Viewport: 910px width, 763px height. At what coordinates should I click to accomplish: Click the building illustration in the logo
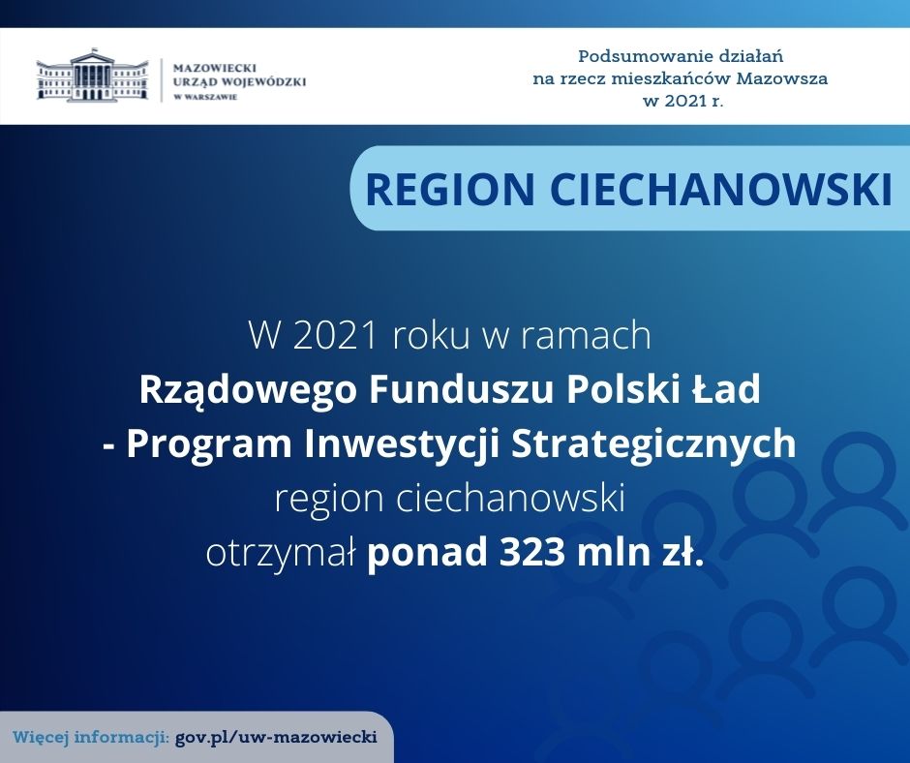(92, 76)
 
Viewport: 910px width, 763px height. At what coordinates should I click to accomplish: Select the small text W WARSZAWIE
(205, 97)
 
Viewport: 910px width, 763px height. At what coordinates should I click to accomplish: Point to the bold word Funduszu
(462, 389)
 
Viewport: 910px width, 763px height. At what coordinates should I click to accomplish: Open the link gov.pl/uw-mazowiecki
(276, 738)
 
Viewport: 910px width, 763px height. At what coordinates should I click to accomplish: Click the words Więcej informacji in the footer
(91, 738)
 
